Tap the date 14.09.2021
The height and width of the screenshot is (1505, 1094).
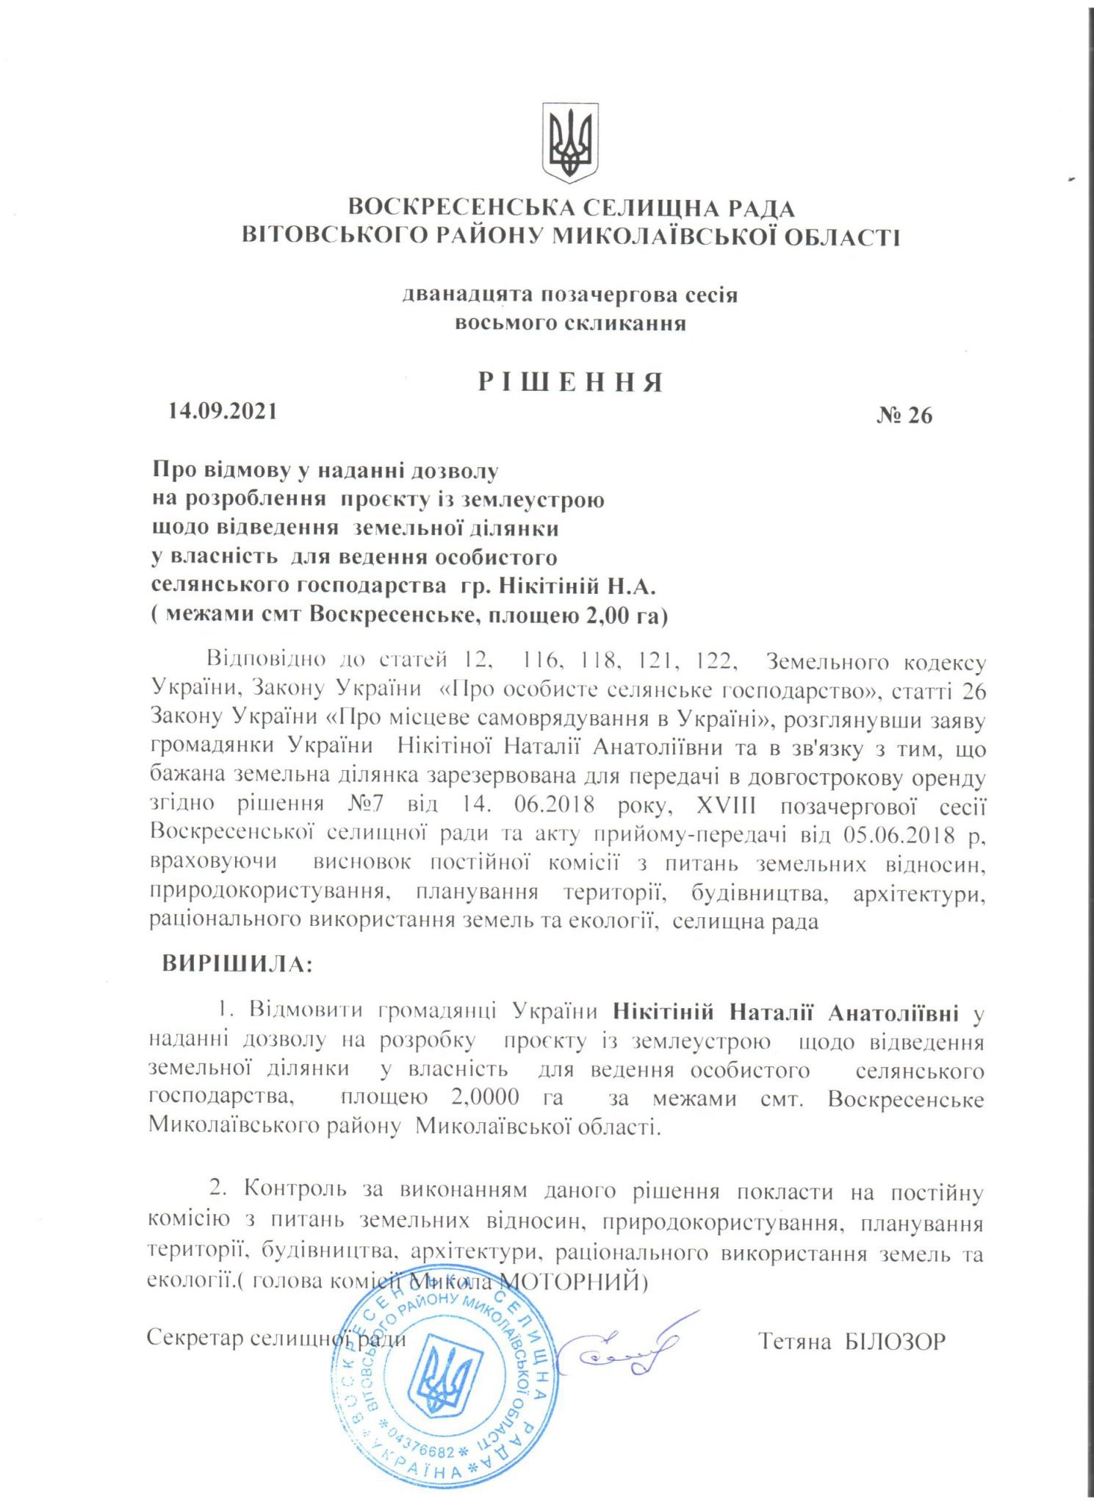coord(223,410)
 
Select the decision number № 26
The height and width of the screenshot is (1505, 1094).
coord(904,416)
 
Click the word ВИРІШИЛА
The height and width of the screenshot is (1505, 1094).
coord(237,964)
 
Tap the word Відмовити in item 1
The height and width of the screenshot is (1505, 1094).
coord(306,1010)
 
